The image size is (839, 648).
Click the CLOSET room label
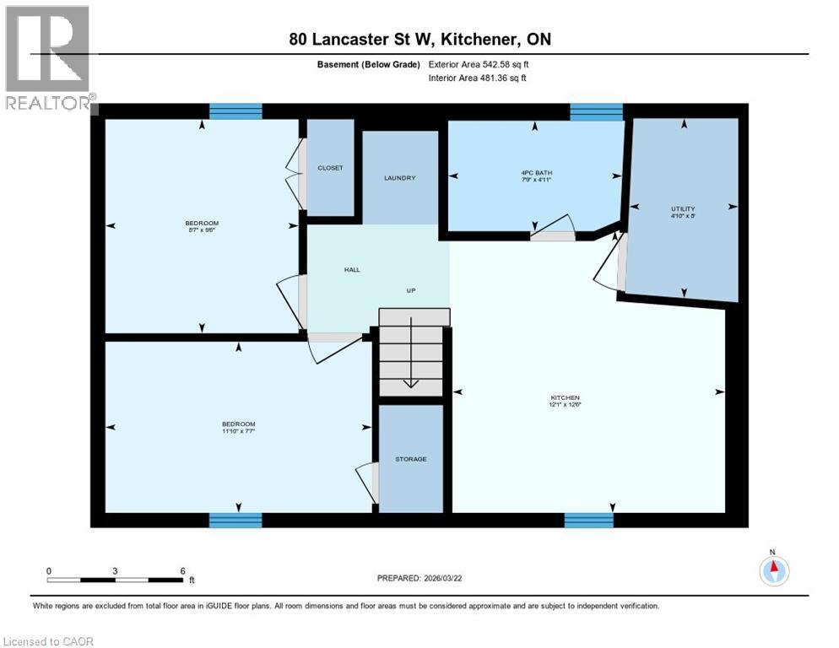point(330,168)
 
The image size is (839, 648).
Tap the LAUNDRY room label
point(399,178)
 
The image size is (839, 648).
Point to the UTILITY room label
point(683,208)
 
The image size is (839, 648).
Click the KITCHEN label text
point(565,397)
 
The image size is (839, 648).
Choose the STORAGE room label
point(411,459)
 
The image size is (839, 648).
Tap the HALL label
point(352,270)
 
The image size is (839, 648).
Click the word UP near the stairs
point(412,290)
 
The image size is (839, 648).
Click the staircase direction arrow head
point(410,384)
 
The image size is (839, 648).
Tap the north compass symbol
point(773,570)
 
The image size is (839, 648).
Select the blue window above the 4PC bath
point(596,111)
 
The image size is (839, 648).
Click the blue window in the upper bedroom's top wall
point(235,111)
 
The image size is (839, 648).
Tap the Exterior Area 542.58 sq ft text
point(479,64)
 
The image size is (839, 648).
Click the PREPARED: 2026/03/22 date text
point(420,578)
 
